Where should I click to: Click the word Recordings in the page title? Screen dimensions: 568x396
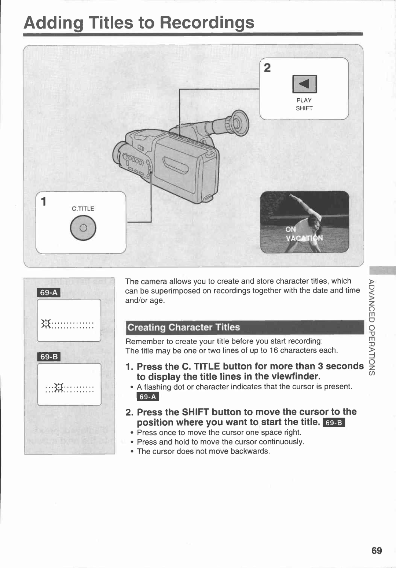(x=207, y=23)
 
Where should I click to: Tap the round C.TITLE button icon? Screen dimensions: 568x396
(x=83, y=228)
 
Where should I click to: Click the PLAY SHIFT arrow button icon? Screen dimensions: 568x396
(x=304, y=84)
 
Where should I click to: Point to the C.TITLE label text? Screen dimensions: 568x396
(x=83, y=208)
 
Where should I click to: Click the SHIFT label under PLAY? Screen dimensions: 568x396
(x=304, y=108)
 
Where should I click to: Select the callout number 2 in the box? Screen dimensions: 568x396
(x=267, y=68)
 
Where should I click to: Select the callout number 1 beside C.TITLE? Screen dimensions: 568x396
(x=44, y=201)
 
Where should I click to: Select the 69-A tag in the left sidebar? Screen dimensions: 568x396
(x=49, y=292)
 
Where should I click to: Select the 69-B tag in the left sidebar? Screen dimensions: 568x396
(x=49, y=357)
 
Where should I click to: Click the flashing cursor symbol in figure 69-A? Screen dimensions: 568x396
(x=46, y=324)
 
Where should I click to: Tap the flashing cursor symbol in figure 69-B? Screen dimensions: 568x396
(x=59, y=387)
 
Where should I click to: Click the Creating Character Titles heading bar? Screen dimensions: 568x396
(x=245, y=327)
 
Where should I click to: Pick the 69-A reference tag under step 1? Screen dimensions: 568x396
(x=148, y=397)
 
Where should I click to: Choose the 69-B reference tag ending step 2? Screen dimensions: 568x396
(x=334, y=423)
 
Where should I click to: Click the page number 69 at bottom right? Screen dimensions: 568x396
(x=377, y=550)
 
